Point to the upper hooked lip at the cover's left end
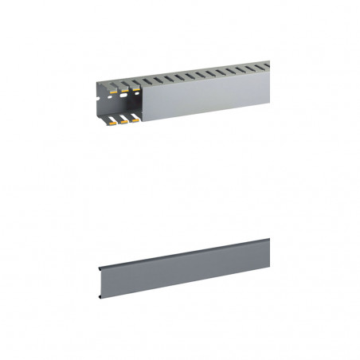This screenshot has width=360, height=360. (x=98, y=266)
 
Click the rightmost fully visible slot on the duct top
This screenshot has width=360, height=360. (x=260, y=67)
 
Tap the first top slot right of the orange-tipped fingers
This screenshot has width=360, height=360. (x=147, y=80)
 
